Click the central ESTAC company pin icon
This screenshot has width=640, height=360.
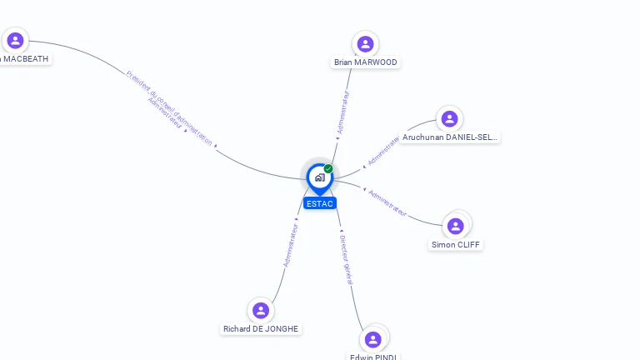tap(318, 177)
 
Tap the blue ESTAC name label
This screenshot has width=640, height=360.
tap(319, 203)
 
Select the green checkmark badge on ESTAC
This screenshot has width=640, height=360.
tap(328, 169)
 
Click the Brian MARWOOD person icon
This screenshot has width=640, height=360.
tap(365, 44)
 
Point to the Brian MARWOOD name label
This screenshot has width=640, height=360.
tap(366, 62)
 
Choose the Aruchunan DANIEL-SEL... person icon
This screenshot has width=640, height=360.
tap(449, 119)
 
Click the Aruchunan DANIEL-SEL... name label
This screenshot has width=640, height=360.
tap(450, 137)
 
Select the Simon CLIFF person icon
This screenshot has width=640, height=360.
tap(455, 226)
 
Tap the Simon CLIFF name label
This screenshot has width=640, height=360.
tap(456, 245)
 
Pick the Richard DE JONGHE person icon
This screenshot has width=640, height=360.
tap(261, 310)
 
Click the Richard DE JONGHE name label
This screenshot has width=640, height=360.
tap(261, 329)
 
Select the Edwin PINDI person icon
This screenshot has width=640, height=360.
tap(372, 339)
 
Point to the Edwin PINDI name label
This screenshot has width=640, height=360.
tap(373, 357)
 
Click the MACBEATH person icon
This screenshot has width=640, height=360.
tap(15, 40)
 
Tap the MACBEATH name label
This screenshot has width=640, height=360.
tap(25, 59)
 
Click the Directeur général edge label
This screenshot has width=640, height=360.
tap(347, 260)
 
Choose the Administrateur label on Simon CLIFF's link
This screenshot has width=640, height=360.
tap(387, 203)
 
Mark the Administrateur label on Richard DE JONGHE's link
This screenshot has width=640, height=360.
tap(291, 243)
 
